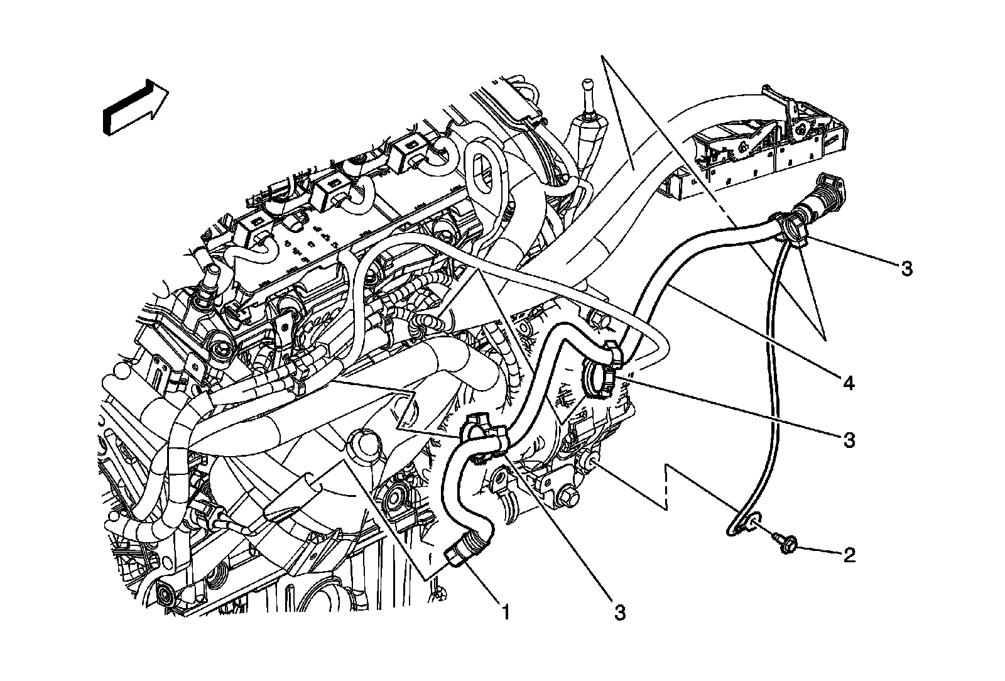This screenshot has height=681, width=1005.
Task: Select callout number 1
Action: coord(503,610)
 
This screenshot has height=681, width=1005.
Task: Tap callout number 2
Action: coord(849,555)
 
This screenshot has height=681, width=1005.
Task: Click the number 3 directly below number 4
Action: coord(849,440)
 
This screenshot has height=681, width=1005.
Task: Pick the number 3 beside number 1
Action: coord(620,613)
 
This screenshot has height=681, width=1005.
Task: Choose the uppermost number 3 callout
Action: coord(905,270)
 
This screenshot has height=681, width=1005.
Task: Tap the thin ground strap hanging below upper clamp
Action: coord(766,377)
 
